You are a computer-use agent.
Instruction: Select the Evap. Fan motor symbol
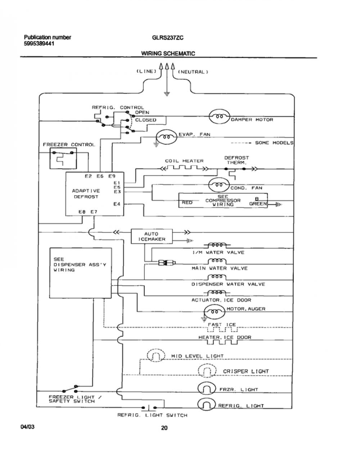pyautogui.click(x=166, y=137)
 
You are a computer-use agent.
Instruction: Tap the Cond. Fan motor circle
pyautogui.click(x=219, y=185)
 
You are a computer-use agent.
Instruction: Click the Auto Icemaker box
pyautogui.click(x=152, y=236)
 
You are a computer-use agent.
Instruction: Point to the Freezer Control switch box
pyautogui.click(x=63, y=158)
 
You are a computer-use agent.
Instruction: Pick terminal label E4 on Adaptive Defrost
pyautogui.click(x=117, y=204)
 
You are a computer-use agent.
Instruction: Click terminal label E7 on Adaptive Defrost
pyautogui.click(x=94, y=211)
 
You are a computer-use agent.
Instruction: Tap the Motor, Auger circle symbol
pyautogui.click(x=215, y=312)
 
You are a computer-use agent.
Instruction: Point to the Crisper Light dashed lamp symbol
pyautogui.click(x=207, y=371)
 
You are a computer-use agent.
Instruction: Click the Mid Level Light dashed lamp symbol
pyautogui.click(x=156, y=355)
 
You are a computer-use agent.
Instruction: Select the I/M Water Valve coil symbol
pyautogui.click(x=217, y=245)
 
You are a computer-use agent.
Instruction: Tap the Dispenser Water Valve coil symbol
pyautogui.click(x=217, y=277)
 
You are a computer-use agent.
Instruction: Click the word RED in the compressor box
pyautogui.click(x=187, y=202)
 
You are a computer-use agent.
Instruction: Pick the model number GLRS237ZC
pyautogui.click(x=168, y=38)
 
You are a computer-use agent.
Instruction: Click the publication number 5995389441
pyautogui.click(x=39, y=44)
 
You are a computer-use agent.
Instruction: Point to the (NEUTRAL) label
pyautogui.click(x=193, y=72)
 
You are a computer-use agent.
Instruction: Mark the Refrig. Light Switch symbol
pyautogui.click(x=149, y=407)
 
